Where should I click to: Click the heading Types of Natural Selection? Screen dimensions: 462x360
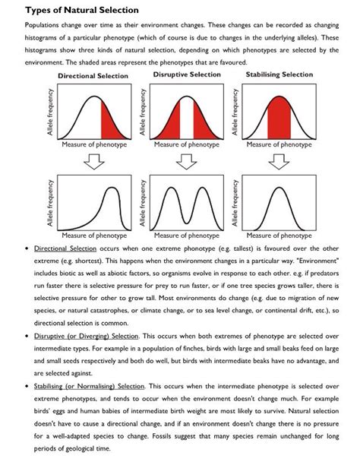click(x=72, y=10)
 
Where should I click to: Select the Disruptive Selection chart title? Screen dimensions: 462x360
click(x=187, y=74)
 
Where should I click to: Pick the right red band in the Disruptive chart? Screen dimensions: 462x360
click(x=202, y=120)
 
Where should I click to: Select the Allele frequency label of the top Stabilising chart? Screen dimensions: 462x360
click(x=237, y=114)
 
